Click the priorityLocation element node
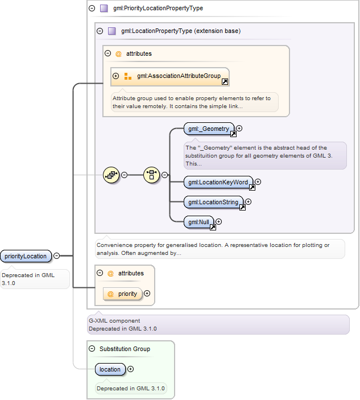(26, 256)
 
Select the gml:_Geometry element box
(209, 129)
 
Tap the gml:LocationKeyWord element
(218, 182)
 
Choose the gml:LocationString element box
(213, 202)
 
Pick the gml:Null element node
(199, 222)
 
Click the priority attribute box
(123, 294)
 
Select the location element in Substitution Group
(110, 369)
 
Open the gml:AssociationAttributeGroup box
(170, 77)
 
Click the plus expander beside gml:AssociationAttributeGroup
(116, 76)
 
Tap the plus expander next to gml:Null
(218, 222)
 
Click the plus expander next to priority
(147, 294)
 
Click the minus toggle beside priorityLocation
(57, 255)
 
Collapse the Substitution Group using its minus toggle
(92, 348)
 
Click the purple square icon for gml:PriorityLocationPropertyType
(104, 8)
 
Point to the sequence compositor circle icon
(111, 175)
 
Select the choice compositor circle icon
(151, 175)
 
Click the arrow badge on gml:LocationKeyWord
(252, 188)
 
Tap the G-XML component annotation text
(114, 321)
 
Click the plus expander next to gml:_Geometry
(239, 129)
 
